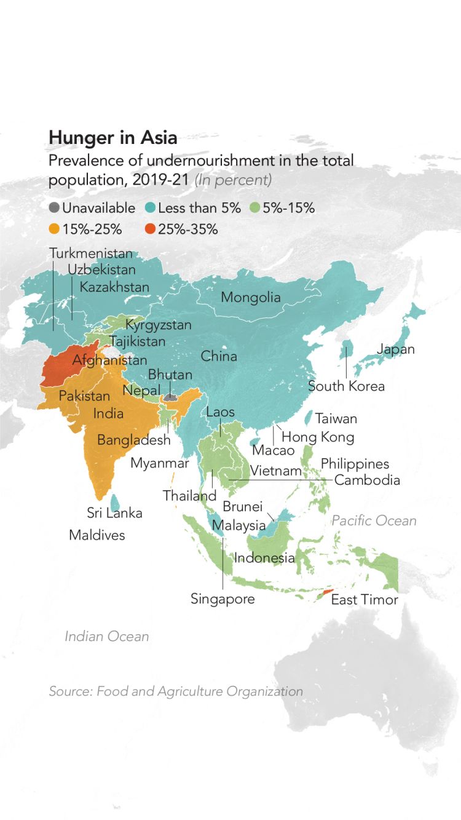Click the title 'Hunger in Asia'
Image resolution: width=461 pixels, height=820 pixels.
[112, 137]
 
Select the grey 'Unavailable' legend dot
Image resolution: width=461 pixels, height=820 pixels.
[54, 208]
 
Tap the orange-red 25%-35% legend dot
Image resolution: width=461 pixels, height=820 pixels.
[150, 229]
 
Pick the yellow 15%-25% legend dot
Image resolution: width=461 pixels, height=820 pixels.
[54, 229]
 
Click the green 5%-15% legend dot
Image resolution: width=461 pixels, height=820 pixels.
[254, 208]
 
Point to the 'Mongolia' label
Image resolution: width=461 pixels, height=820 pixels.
[250, 298]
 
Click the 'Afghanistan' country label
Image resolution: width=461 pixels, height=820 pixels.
[109, 360]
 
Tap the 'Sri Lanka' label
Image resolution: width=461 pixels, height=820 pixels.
[114, 513]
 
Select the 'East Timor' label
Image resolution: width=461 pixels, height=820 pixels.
[364, 600]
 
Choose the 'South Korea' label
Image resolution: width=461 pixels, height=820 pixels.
[346, 386]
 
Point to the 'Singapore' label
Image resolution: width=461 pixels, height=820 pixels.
[223, 599]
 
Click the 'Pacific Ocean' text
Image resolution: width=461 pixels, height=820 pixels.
[374, 521]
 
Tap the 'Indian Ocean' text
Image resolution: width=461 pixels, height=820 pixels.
[107, 636]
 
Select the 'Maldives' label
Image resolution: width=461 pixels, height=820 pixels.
[97, 535]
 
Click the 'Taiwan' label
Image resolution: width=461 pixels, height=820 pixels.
[336, 419]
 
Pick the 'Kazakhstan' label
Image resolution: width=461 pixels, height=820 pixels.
[114, 287]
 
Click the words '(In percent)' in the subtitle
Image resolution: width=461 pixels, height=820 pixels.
[233, 181]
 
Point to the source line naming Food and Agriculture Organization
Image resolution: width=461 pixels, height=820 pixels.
[176, 691]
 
